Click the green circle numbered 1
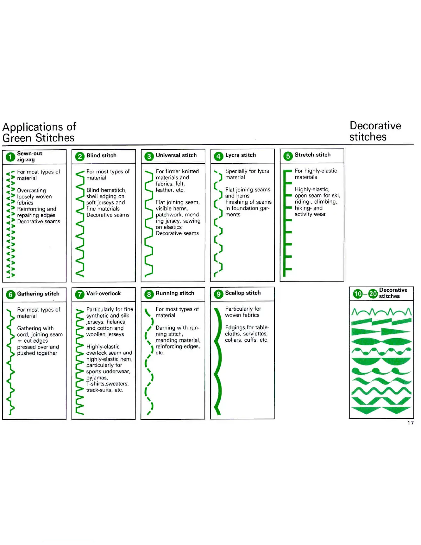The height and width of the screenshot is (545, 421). [10, 157]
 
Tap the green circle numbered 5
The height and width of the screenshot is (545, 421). [288, 156]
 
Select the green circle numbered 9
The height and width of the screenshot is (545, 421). [218, 294]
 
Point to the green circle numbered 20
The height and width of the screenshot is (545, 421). [373, 293]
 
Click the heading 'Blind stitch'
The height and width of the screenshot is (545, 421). [101, 156]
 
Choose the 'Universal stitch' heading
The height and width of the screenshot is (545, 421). [176, 156]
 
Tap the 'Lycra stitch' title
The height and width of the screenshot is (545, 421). [240, 155]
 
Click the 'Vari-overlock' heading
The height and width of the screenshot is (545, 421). [104, 293]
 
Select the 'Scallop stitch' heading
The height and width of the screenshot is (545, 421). [243, 293]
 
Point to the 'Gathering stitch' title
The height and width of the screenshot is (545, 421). [38, 294]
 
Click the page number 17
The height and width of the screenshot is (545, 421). [410, 423]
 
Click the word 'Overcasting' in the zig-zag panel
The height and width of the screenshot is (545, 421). [31, 190]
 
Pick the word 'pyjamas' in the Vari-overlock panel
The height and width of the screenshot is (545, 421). [97, 378]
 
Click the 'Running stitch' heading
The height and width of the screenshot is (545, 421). [175, 293]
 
